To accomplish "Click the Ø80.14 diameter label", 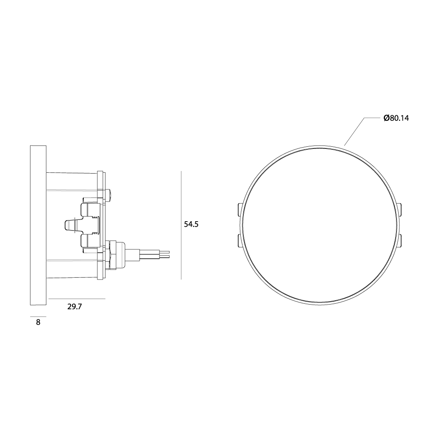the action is pyautogui.click(x=396, y=118).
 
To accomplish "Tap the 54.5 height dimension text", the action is pyautogui.click(x=191, y=224).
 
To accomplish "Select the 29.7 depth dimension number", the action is pyautogui.click(x=74, y=307).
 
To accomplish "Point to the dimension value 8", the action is pyautogui.click(x=38, y=322).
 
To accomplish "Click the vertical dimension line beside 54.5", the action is pyautogui.click(x=181, y=225).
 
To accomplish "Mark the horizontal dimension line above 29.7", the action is pyautogui.click(x=77, y=299).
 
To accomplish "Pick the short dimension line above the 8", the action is pyautogui.click(x=38, y=316).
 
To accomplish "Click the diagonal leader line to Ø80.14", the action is pyautogui.click(x=355, y=132).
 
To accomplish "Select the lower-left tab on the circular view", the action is pyautogui.click(x=239, y=241).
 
